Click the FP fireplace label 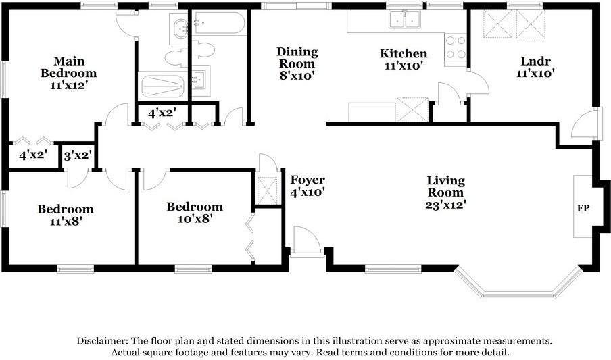pyautogui.click(x=583, y=208)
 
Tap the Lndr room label pyautogui.click(x=535, y=61)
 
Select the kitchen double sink pyautogui.click(x=405, y=19)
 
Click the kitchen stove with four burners pyautogui.click(x=456, y=48)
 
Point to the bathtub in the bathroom pyautogui.click(x=220, y=24)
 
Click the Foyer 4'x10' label pyautogui.click(x=308, y=186)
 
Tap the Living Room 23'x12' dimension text pyautogui.click(x=446, y=205)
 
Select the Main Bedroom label pyautogui.click(x=68, y=67)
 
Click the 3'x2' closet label pyautogui.click(x=78, y=155)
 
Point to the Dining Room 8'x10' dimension pyautogui.click(x=297, y=76)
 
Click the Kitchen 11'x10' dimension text pyautogui.click(x=404, y=66)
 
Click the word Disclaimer pyautogui.click(x=101, y=341)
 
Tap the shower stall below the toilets pyautogui.click(x=162, y=86)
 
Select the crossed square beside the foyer pyautogui.click(x=268, y=190)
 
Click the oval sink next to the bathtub pyautogui.click(x=180, y=29)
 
